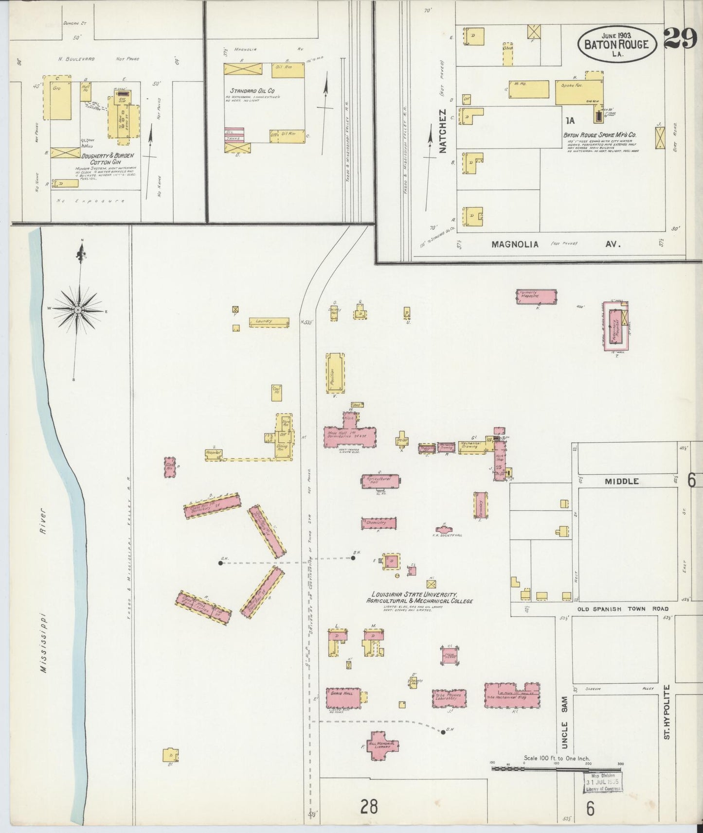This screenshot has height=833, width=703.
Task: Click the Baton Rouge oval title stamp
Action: [x=617, y=44]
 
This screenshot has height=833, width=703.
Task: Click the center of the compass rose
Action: [x=78, y=310]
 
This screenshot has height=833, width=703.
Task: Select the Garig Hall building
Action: [x=343, y=698]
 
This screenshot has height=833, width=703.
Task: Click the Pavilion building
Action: [x=335, y=373]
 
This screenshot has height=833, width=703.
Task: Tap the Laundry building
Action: [x=269, y=322]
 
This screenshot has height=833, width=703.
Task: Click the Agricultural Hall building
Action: [x=380, y=480]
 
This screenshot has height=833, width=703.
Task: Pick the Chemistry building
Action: [x=379, y=523]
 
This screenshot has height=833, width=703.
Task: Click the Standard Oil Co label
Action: [x=252, y=91]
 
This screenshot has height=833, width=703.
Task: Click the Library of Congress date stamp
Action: [x=602, y=781]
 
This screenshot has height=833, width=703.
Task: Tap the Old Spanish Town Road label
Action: [x=623, y=608]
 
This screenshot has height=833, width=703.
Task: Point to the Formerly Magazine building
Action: [x=536, y=296]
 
